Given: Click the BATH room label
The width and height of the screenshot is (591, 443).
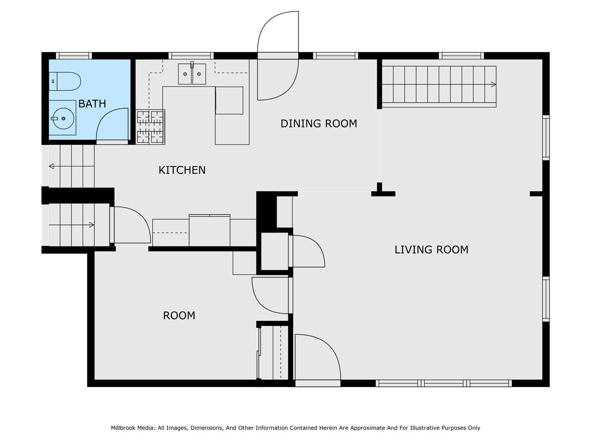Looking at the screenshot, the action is pos(92,103).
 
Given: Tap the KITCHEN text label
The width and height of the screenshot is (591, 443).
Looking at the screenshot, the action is pos(182,170).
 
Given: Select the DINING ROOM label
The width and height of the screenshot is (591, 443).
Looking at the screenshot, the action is pos(319,124).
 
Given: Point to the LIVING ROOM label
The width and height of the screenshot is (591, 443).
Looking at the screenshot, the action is pos(431,250).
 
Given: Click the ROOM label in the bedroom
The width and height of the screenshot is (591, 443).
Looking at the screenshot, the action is pos(179,316).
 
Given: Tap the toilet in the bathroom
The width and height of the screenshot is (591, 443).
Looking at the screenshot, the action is pos(65,81).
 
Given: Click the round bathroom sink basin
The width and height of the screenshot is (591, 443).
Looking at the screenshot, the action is pos(63,118).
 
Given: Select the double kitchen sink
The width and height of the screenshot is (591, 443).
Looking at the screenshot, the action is pos(192,74).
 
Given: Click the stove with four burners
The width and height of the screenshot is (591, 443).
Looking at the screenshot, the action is pos(150,127).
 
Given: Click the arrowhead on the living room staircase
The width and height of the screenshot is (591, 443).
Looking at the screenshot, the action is pos(493,85).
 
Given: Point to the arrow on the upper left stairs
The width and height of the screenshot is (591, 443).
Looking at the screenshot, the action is pos(71,166).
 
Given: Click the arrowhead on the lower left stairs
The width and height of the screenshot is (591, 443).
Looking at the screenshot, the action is pos(92,225).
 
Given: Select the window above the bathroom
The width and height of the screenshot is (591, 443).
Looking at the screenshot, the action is pos(74,56).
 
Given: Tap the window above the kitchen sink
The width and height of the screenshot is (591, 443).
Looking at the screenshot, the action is pos(191,56).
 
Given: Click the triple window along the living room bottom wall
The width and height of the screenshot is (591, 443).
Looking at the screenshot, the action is pos(444,383).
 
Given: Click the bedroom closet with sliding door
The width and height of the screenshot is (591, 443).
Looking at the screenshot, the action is pos(272,352).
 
